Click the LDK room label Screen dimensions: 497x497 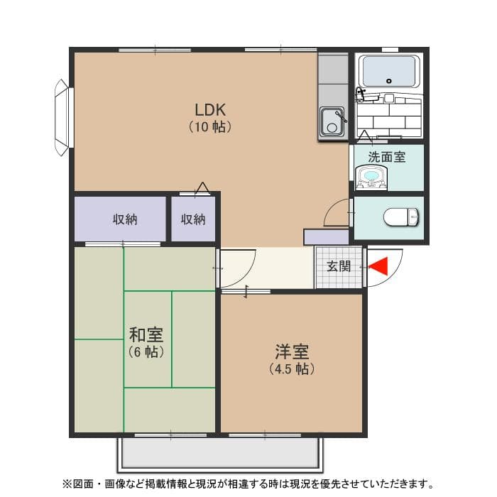pos(210,109)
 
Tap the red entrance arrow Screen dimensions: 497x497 pos(378,266)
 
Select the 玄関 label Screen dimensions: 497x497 pos(339,267)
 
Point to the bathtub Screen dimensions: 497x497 pos(388,71)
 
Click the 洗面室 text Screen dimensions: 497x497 pos(387,157)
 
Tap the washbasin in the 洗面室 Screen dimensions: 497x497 pos(371,177)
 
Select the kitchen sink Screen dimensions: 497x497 pos(332,121)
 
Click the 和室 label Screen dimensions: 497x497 pos(146,334)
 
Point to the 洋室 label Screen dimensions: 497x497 pos(292,351)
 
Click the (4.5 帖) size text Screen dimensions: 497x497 pos(292,369)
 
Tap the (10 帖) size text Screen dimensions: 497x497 pos(210,128)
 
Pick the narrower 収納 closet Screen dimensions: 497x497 pos(192,219)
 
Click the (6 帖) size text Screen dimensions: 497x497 pos(146,352)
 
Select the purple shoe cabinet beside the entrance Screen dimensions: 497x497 pos(326,237)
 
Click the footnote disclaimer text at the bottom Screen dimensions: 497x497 pos(248,484)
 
